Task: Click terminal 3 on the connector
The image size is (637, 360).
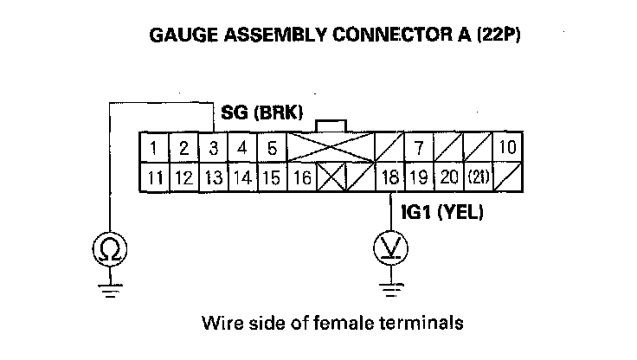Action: click(x=212, y=148)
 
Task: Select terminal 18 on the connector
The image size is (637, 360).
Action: click(x=390, y=179)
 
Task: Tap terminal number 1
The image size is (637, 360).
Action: click(x=153, y=148)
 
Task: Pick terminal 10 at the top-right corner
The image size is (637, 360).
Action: click(x=506, y=148)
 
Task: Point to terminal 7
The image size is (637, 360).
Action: click(x=419, y=148)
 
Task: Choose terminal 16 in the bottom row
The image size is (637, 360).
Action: click(x=302, y=179)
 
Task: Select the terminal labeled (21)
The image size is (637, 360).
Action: click(x=477, y=179)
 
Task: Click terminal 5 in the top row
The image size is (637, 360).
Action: click(x=272, y=148)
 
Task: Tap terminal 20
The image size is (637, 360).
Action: click(x=448, y=179)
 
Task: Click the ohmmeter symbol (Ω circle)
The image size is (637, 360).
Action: click(x=110, y=249)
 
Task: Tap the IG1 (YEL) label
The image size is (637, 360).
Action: click(x=441, y=211)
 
